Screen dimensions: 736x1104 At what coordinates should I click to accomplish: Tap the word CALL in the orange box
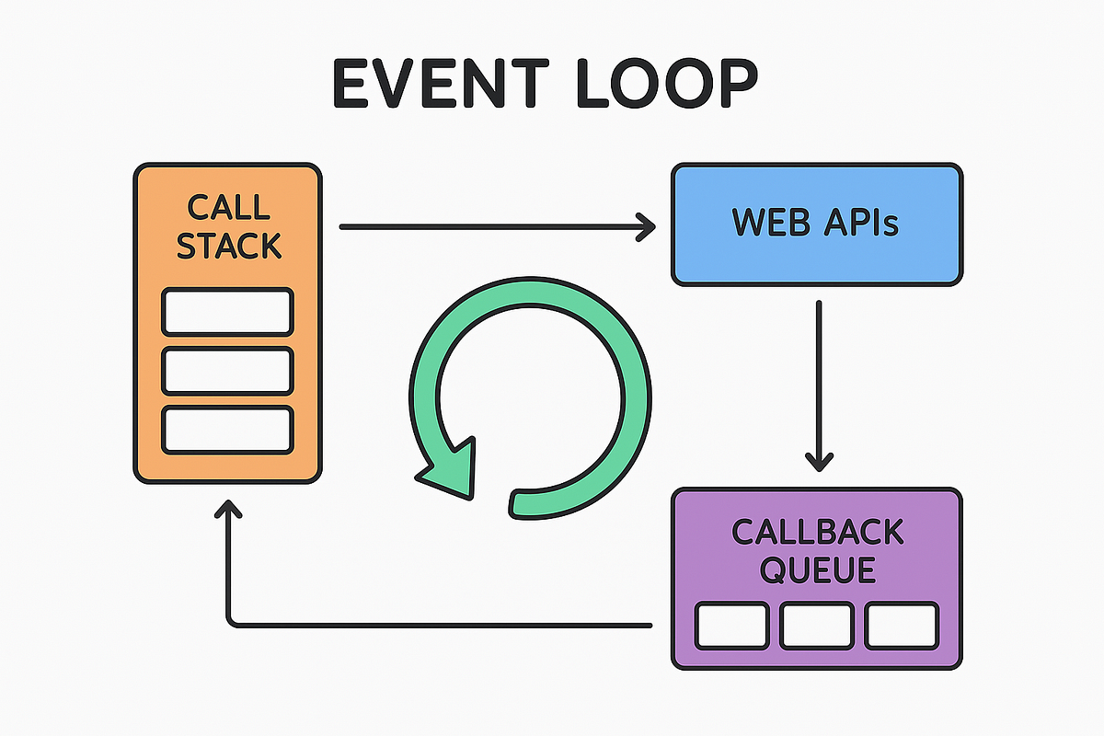coord(228,207)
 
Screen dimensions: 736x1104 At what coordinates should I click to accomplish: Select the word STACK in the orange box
coord(228,247)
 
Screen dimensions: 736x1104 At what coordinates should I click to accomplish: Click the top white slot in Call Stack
coord(227,312)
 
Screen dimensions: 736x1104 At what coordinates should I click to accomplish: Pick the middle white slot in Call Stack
coord(227,371)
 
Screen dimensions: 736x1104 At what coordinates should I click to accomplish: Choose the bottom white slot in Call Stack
coord(227,430)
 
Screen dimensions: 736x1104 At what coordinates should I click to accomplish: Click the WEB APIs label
coord(815,223)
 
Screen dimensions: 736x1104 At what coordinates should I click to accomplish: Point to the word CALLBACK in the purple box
coord(817,532)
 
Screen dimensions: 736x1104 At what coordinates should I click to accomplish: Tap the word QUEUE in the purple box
coord(817,571)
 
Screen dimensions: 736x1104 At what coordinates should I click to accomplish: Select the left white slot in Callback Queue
coord(731,627)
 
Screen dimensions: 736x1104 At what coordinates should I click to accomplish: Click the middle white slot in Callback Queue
coord(817,627)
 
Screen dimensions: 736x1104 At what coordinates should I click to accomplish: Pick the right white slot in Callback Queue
coord(902,627)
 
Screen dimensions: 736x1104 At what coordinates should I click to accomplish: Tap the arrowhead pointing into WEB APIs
coord(646,226)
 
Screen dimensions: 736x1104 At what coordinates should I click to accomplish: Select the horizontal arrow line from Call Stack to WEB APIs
coord(488,226)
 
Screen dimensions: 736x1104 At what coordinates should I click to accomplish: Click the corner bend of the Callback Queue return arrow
coord(230,625)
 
